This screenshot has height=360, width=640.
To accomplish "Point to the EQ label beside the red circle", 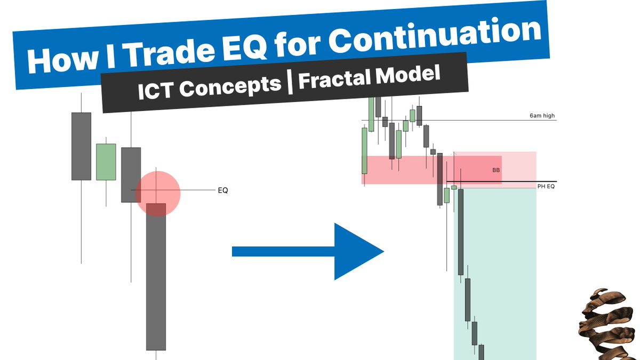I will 222,190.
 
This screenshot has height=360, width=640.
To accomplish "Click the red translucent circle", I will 158,193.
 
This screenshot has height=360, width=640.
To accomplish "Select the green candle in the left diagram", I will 106,162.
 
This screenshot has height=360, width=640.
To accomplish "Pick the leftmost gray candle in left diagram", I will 81,146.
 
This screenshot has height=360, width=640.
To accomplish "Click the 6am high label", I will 542,116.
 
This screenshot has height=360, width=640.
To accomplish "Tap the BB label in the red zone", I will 496,171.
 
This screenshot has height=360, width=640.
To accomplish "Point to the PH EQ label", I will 546,187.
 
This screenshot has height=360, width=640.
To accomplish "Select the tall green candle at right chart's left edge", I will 364,150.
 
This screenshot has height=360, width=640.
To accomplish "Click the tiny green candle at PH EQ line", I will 454,187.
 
